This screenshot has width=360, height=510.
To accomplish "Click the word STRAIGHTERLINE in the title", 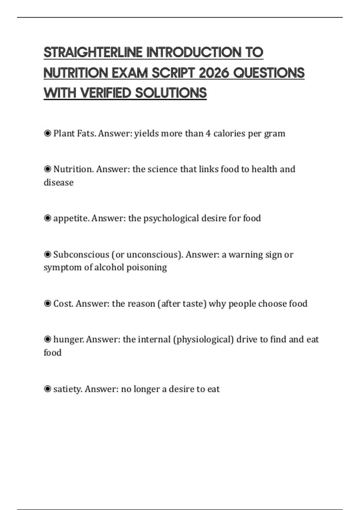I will [x=93, y=52].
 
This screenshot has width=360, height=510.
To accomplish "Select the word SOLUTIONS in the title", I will [x=171, y=93].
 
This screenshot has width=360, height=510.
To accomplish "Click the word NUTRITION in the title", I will [x=76, y=73].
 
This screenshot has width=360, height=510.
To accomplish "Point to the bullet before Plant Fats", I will [x=47, y=133].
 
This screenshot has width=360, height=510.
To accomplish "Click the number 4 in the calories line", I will [x=208, y=133].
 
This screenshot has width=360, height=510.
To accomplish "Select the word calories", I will [x=229, y=133].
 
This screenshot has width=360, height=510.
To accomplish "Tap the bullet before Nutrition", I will [x=47, y=169].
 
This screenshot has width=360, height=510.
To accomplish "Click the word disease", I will [x=58, y=182].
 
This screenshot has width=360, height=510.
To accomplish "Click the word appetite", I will [x=71, y=218].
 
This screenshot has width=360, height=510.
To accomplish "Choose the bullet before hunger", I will [x=47, y=339].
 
